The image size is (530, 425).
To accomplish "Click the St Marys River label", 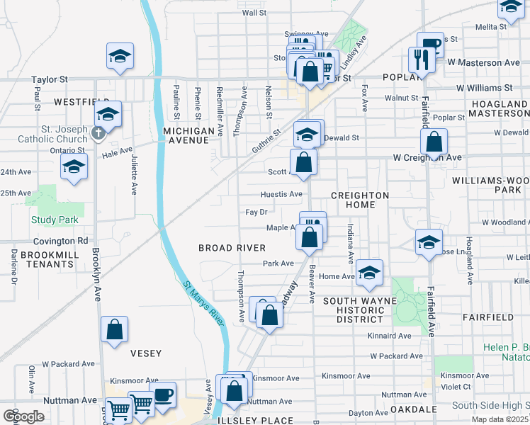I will click(x=204, y=305).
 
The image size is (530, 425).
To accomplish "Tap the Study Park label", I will click(x=55, y=220).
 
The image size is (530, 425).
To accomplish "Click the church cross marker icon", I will click(x=98, y=132).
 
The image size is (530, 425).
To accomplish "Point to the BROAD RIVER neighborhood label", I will click(x=232, y=248).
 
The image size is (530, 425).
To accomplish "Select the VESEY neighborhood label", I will click(x=146, y=353).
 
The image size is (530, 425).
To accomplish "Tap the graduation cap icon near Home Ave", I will click(x=368, y=272).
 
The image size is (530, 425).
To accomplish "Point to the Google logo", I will click(x=24, y=416).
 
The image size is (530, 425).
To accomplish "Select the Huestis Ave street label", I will click(x=282, y=193).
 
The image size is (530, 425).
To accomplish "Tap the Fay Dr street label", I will click(x=256, y=212).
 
